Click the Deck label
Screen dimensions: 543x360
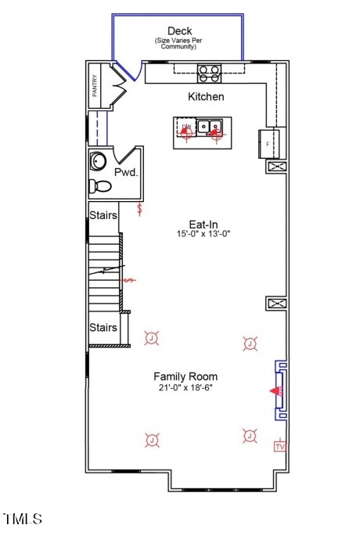(179, 31)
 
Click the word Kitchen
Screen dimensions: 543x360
(206, 97)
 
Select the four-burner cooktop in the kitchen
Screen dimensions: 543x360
(208, 74)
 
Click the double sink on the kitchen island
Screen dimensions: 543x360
(209, 127)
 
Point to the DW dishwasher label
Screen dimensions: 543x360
(186, 126)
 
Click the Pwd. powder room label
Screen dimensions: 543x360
(126, 172)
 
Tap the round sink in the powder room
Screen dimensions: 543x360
(99, 161)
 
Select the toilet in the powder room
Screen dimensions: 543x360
(100, 186)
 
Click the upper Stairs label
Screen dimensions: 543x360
(103, 215)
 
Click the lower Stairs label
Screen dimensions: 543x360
(103, 328)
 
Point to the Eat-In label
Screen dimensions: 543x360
(203, 223)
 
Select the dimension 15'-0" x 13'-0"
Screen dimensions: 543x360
(203, 234)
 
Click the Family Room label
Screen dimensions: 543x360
(185, 376)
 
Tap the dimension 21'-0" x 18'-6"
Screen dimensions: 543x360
(185, 387)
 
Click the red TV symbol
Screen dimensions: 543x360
(279, 446)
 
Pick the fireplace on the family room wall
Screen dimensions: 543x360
(279, 390)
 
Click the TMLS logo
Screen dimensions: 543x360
(23, 519)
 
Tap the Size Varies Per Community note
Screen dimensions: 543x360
(179, 44)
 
